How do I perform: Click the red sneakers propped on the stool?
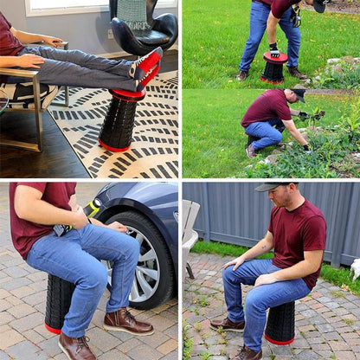[x=147, y=69]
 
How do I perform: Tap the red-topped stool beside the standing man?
[x=274, y=67]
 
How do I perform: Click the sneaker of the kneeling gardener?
[x=250, y=151]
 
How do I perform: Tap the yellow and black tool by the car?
[x=91, y=209]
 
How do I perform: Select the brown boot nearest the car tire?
[x=126, y=322]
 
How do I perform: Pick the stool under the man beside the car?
[x=58, y=304]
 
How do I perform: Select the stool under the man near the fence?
[x=280, y=323]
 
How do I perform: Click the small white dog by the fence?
[x=355, y=269]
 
